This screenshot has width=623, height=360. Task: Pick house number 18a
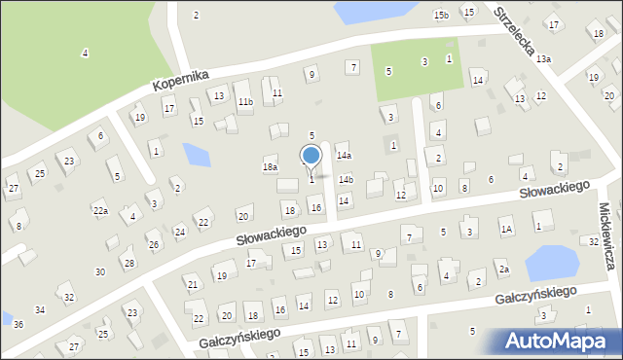pyautogui.click(x=270, y=167)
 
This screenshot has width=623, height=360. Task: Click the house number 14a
pyautogui.click(x=344, y=155)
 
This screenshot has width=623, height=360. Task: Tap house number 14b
pyautogui.click(x=346, y=179)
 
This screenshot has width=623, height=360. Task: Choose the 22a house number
pyautogui.click(x=100, y=209)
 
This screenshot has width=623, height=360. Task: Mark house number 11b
pyautogui.click(x=246, y=101)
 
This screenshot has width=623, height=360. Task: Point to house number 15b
pyautogui.click(x=441, y=15)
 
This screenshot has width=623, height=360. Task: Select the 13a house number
pyautogui.click(x=543, y=59)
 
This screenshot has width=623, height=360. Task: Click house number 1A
pyautogui.click(x=505, y=229)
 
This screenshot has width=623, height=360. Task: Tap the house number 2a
pyautogui.click(x=503, y=270)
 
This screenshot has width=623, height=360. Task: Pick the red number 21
pyautogui.click(x=192, y=284)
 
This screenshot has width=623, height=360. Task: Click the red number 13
pyautogui.click(x=321, y=244)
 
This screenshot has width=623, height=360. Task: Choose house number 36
pyautogui.click(x=18, y=324)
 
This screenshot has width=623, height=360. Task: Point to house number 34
pyautogui.click(x=40, y=309)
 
